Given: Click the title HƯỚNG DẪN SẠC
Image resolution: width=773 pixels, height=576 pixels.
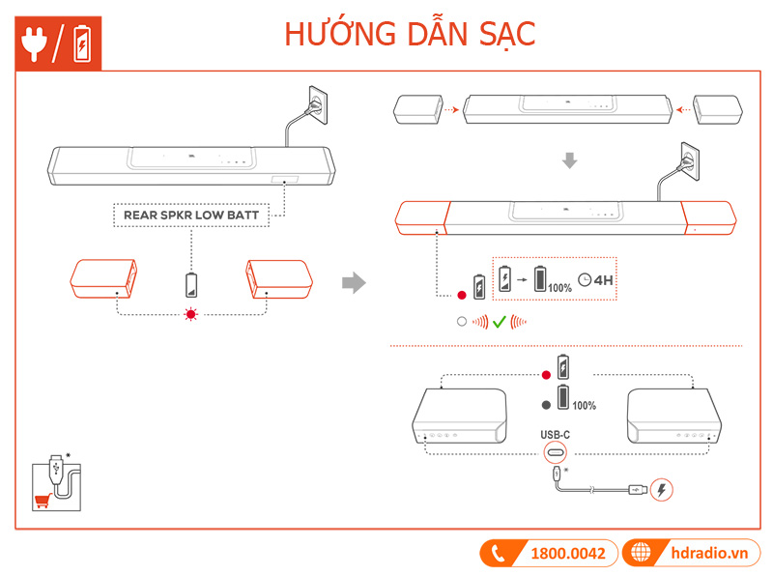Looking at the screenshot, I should coord(410,34).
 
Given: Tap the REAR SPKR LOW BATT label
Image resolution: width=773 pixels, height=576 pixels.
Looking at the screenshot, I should coord(191,215).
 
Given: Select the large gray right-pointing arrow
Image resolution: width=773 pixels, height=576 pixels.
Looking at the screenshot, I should coord(356,282).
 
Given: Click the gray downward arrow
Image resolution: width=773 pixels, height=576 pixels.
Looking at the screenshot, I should coord(570,160).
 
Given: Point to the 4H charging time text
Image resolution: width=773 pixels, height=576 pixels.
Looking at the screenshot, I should coord(604,282).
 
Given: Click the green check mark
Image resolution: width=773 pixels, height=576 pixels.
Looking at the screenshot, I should coord(500,322).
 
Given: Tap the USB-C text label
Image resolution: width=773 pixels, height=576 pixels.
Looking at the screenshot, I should coord(555,435).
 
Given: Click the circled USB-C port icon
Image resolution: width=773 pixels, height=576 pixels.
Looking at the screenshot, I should coord(556,452).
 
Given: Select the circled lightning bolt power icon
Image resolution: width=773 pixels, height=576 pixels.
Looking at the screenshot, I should coord(661,490).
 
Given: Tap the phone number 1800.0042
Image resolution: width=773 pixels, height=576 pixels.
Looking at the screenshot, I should coord(568,554).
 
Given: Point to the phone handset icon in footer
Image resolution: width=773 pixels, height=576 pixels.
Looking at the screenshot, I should coord(499,554).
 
